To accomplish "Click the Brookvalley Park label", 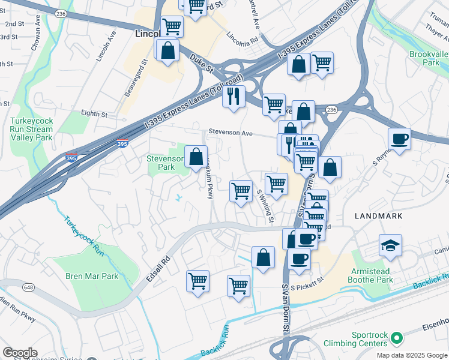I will pyautogui.click(x=429, y=58).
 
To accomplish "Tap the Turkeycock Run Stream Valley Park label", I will pyautogui.click(x=31, y=129).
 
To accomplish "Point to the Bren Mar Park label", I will pyautogui.click(x=92, y=277).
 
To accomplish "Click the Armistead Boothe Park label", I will pyautogui.click(x=372, y=275).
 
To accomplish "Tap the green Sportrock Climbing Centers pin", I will pyautogui.click(x=396, y=339).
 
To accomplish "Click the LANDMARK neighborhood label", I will pyautogui.click(x=378, y=215).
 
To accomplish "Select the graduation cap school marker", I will pyautogui.click(x=390, y=245).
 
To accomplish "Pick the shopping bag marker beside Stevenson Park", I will pyautogui.click(x=196, y=157).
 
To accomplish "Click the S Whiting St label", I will pyautogui.click(x=265, y=205).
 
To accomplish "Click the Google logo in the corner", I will pyautogui.click(x=20, y=352).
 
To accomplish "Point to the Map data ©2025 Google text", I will pyautogui.click(x=411, y=355).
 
